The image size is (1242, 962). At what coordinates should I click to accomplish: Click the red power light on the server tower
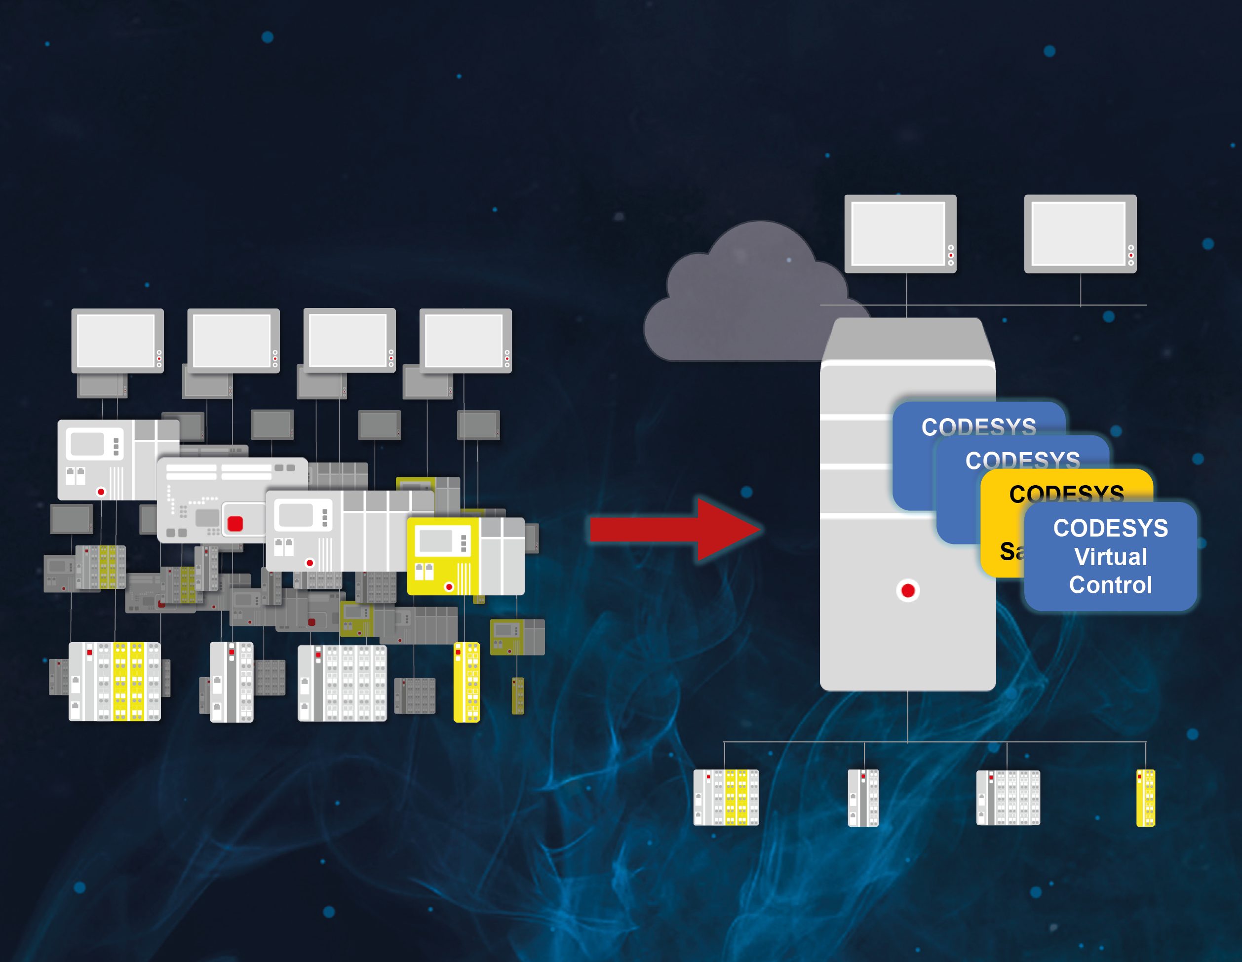pyautogui.click(x=908, y=591)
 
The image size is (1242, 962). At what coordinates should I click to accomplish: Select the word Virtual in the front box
pyautogui.click(x=1110, y=557)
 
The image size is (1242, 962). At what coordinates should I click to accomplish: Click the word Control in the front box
pyautogui.click(x=1110, y=585)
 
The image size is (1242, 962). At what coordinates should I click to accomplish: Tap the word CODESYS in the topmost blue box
pyautogui.click(x=978, y=426)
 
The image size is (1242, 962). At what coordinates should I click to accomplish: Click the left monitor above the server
pyautogui.click(x=899, y=233)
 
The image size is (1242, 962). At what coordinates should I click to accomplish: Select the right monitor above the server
pyautogui.click(x=1080, y=233)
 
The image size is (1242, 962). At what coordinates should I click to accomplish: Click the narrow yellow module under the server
pyautogui.click(x=1145, y=797)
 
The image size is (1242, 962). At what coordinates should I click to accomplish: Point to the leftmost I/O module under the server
pyautogui.click(x=726, y=797)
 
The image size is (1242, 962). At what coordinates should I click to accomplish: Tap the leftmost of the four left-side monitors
pyautogui.click(x=117, y=340)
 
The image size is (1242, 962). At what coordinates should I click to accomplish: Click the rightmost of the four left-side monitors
pyautogui.click(x=465, y=340)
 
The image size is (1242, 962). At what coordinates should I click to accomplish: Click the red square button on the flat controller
pyautogui.click(x=235, y=524)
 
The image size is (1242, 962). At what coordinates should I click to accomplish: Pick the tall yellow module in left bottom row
pyautogui.click(x=466, y=682)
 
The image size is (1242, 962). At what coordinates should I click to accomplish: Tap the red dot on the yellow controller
pyautogui.click(x=449, y=587)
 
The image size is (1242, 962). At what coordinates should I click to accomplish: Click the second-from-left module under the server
pyautogui.click(x=863, y=797)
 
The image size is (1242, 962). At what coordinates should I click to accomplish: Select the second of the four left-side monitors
pyautogui.click(x=233, y=340)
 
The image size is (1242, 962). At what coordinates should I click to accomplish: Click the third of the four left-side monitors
pyautogui.click(x=349, y=340)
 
